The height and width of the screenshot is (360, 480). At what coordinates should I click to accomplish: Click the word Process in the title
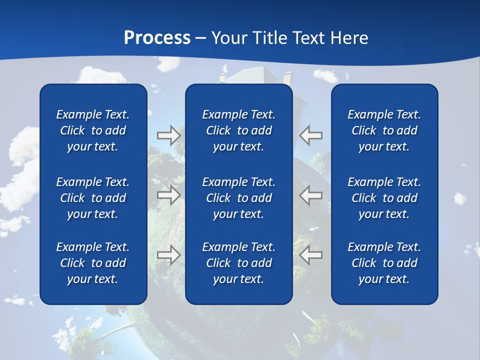(157, 38)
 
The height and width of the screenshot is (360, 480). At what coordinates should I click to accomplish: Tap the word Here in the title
(348, 38)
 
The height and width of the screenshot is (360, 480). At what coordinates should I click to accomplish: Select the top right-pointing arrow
(168, 135)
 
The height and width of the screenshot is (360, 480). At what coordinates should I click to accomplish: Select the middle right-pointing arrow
(168, 195)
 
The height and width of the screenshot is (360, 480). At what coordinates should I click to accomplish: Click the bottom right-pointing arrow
(168, 255)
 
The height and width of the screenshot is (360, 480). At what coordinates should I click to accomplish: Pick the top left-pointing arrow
(311, 135)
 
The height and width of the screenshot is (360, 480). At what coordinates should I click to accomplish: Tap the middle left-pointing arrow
(311, 195)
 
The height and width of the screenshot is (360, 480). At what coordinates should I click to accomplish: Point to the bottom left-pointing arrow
(311, 255)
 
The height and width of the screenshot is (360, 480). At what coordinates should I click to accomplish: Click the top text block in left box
(93, 130)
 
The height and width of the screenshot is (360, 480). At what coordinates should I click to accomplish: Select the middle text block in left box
(93, 198)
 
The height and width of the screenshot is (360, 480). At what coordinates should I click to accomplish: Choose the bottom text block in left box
(93, 263)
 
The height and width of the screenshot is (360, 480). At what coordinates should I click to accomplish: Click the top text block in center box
(238, 130)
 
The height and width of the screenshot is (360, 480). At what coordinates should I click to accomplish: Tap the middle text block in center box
(238, 198)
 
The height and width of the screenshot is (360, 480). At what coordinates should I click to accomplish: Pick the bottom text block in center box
(238, 263)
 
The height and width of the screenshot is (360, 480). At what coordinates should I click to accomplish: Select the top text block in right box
(384, 130)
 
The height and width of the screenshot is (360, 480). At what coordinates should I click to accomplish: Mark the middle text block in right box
(384, 198)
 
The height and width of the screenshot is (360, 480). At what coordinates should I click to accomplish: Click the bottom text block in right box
(384, 263)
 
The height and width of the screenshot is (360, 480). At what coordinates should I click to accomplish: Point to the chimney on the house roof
(287, 78)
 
